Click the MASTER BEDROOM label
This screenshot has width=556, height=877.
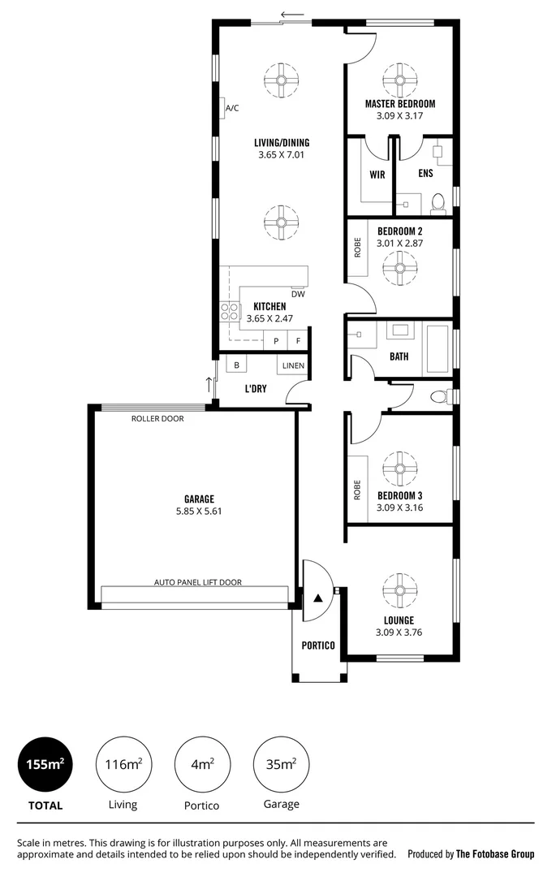tap(399, 104)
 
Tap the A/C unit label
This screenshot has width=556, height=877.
tap(232, 108)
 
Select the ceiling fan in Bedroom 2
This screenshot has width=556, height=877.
tap(399, 269)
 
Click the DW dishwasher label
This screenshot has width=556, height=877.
tap(298, 294)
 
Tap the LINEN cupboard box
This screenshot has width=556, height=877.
tap(293, 366)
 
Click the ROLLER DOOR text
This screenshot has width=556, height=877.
tap(157, 419)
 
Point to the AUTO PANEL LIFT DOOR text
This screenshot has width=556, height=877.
tap(198, 582)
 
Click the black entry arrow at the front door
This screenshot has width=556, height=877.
tap(318, 598)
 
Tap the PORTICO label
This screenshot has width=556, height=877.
tap(318, 645)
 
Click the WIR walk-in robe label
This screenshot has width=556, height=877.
tap(377, 175)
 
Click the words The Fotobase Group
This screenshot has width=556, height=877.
tap(494, 853)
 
